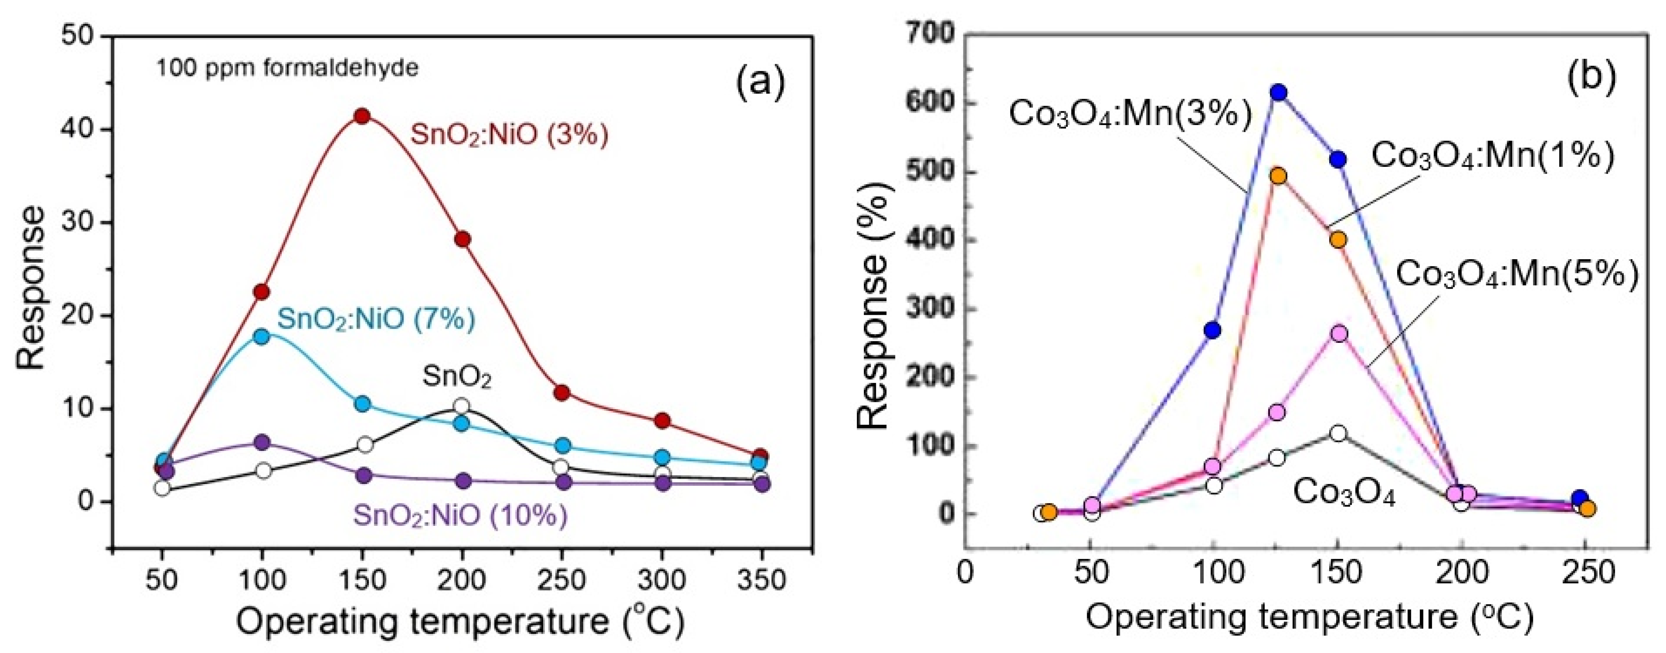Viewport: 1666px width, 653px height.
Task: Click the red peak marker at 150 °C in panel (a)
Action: [x=362, y=116]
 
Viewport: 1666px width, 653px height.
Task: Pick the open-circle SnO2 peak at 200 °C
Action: [x=461, y=406]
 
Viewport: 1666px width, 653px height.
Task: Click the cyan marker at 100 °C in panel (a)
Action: [x=262, y=336]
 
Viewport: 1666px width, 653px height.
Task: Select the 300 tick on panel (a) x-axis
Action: [x=662, y=580]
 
